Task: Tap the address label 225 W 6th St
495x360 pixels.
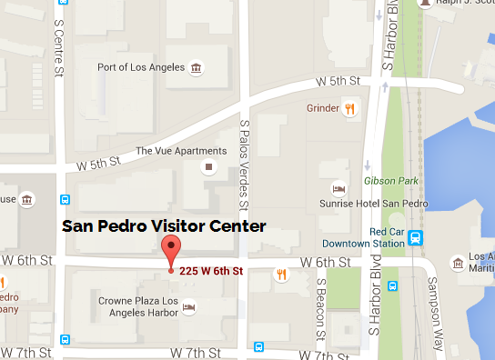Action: pyautogui.click(x=211, y=271)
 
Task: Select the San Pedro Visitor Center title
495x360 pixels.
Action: pyautogui.click(x=164, y=225)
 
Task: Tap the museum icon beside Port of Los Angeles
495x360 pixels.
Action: pyautogui.click(x=196, y=68)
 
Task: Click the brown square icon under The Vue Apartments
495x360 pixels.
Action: pyautogui.click(x=209, y=167)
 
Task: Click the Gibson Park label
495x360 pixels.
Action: pyautogui.click(x=387, y=180)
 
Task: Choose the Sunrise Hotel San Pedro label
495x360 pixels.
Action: pyautogui.click(x=372, y=205)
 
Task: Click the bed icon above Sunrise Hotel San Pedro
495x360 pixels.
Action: pyautogui.click(x=338, y=189)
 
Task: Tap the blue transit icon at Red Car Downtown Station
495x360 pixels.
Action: pyautogui.click(x=415, y=238)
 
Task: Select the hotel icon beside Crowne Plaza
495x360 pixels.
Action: pyautogui.click(x=188, y=308)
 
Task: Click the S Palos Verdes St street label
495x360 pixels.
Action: pyautogui.click(x=244, y=159)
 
